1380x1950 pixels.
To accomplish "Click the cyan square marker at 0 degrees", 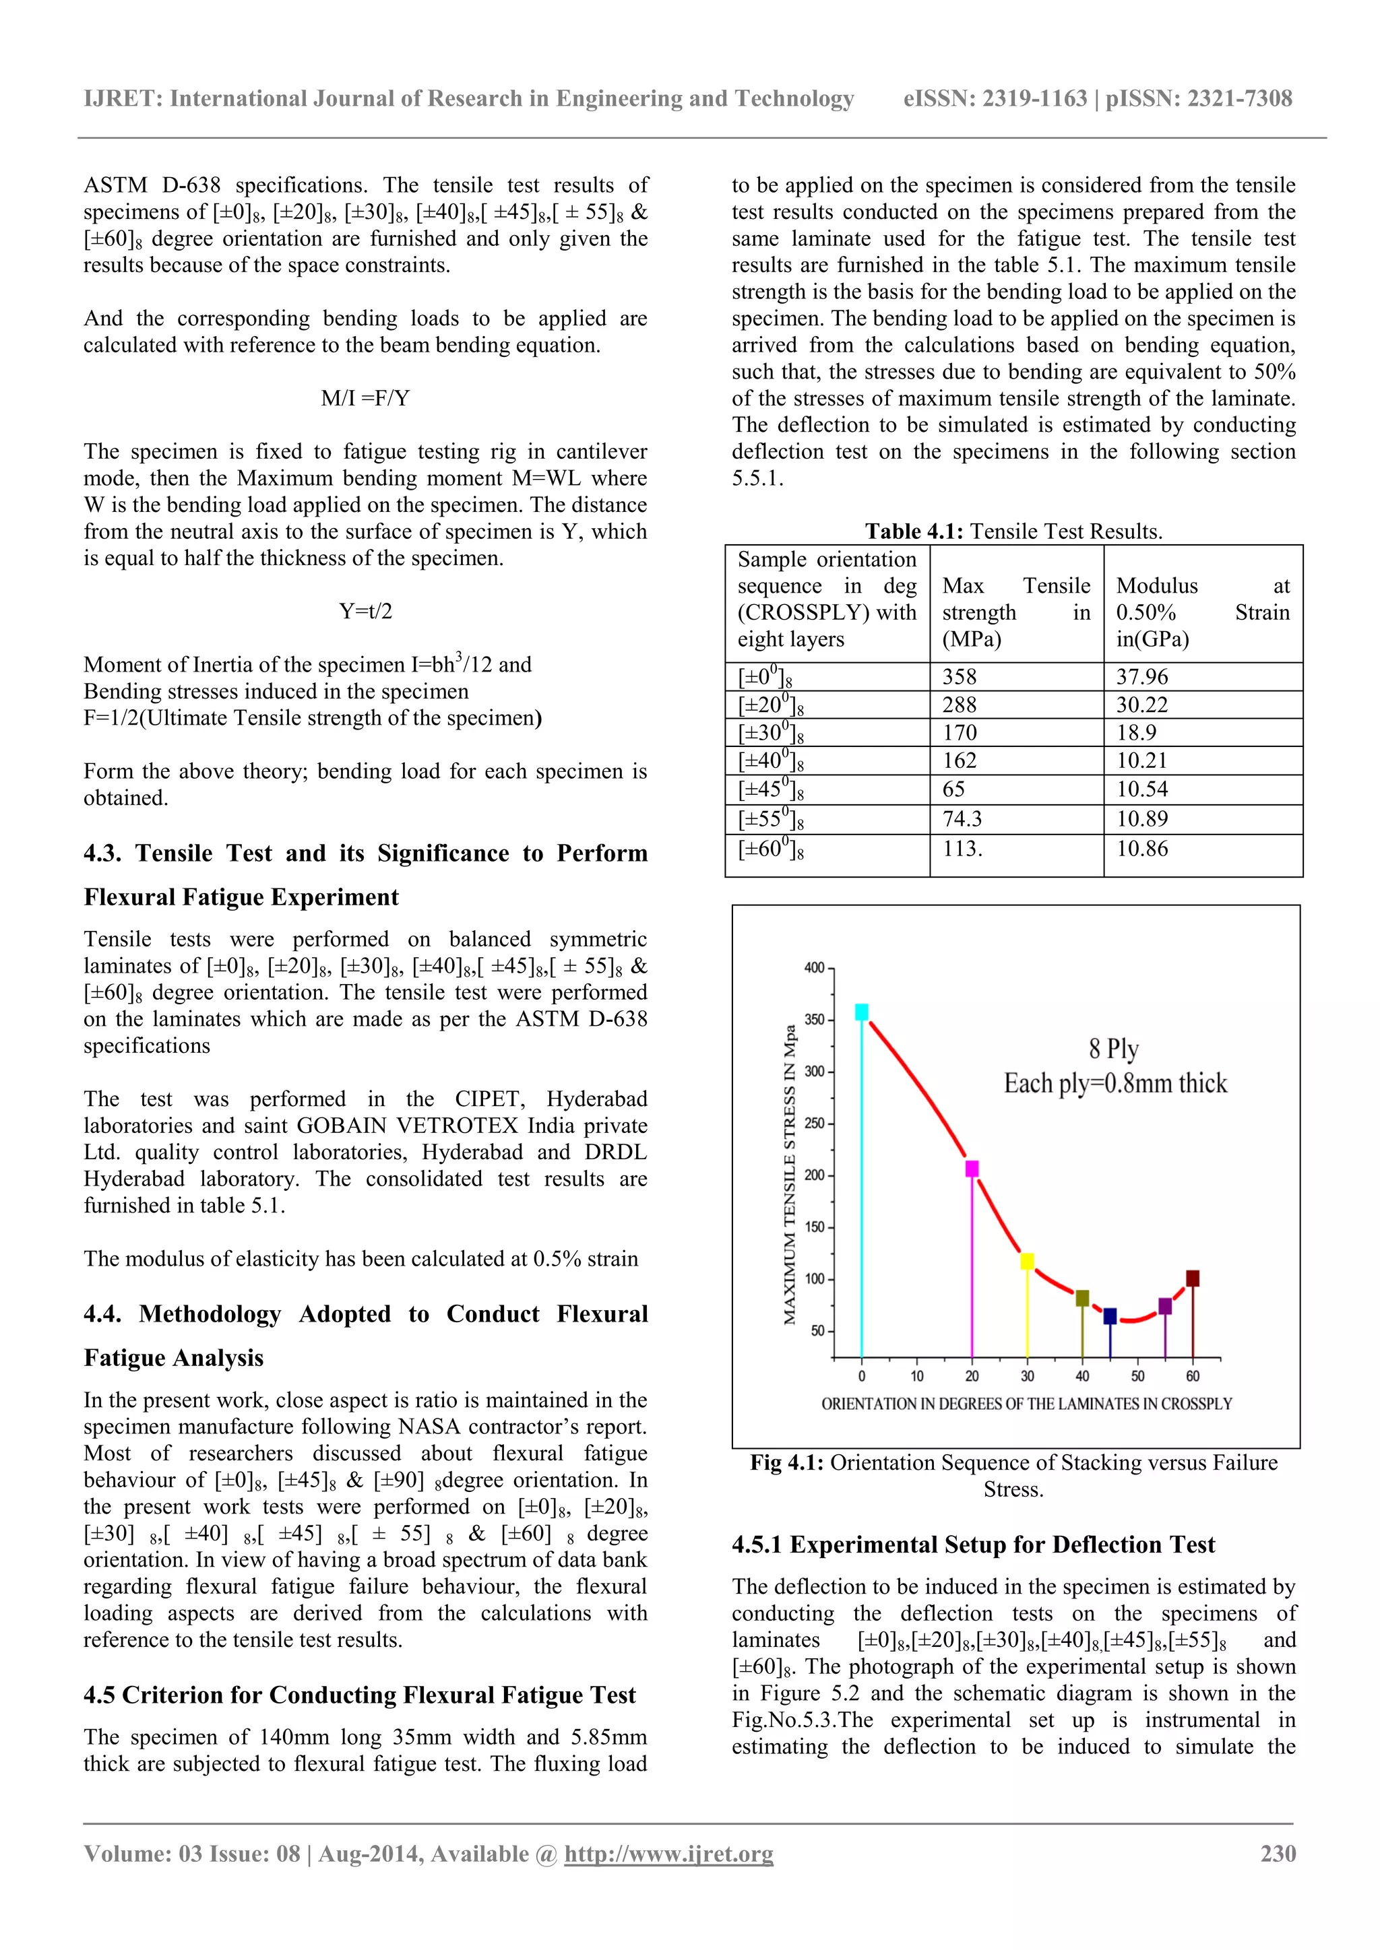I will [x=862, y=1012].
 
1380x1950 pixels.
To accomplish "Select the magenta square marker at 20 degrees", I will [x=972, y=1169].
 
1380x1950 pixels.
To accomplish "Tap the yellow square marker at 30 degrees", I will [x=1028, y=1261].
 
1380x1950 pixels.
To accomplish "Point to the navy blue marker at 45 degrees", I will [x=1110, y=1316].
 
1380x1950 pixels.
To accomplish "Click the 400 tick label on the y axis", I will [x=813, y=967].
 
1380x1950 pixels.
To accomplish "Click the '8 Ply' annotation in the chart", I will [x=1113, y=1049].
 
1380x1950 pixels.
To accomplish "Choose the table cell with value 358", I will [x=960, y=677].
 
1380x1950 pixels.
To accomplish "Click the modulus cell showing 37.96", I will [x=1141, y=677].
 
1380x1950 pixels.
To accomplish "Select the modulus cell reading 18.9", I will [x=1137, y=733].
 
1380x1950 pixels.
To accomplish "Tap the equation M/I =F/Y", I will [x=365, y=398].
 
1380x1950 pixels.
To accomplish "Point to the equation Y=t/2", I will [x=365, y=612].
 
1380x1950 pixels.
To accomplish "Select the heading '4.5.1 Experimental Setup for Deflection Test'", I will [x=973, y=1544].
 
